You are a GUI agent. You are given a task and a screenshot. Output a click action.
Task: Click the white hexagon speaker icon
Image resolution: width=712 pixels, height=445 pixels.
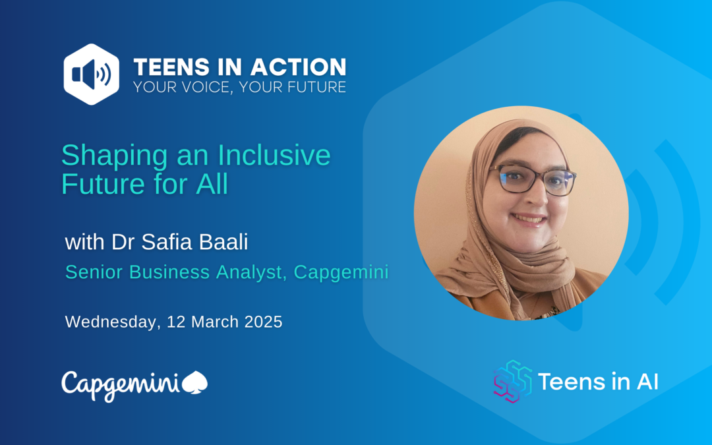91,74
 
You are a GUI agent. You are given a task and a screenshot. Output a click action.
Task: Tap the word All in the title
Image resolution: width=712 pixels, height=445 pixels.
212,184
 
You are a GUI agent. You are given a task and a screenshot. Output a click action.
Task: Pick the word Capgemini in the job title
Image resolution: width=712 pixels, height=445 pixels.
341,272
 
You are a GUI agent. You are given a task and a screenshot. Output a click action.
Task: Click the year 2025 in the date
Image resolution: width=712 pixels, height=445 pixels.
263,322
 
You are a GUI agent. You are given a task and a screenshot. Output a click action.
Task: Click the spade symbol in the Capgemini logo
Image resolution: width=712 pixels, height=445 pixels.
194,382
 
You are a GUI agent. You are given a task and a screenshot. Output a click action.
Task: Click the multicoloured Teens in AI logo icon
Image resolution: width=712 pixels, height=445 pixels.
513,382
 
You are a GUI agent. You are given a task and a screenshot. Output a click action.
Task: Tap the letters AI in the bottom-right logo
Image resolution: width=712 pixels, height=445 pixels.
647,382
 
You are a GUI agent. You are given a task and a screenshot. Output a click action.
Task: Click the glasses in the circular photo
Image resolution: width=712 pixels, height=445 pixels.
532,179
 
